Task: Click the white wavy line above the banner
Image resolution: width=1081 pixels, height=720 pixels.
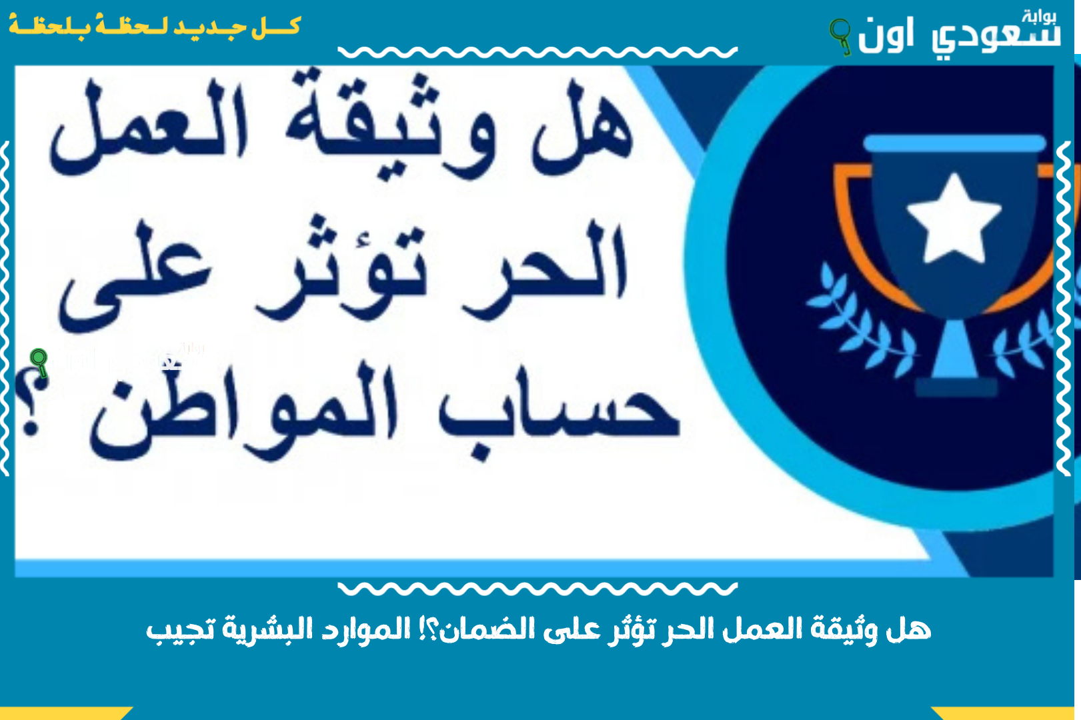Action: click(x=537, y=52)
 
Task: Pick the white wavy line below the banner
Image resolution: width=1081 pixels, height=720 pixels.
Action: click(x=537, y=588)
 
